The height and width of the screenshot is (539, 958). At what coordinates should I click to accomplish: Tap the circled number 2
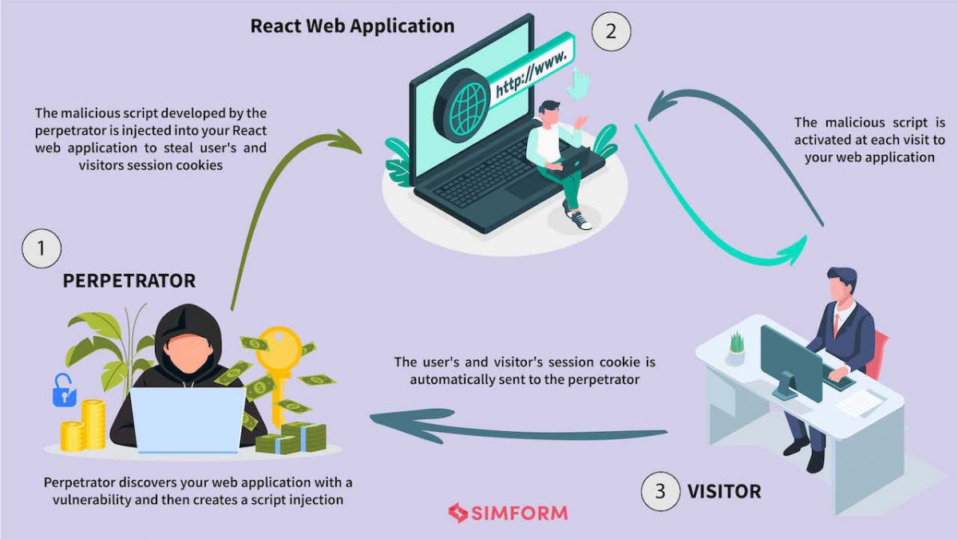pos(611,32)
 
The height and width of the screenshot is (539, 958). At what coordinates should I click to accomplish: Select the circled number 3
pos(660,490)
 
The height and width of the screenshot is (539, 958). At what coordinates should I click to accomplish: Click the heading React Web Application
pos(352,26)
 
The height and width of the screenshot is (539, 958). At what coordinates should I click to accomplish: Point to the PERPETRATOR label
pos(129,281)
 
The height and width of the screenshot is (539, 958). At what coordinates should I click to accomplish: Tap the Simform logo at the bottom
pos(508,512)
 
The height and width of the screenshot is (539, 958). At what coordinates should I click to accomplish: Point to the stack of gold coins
pos(84,427)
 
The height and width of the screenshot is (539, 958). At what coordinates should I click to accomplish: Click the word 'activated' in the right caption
pos(822,140)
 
